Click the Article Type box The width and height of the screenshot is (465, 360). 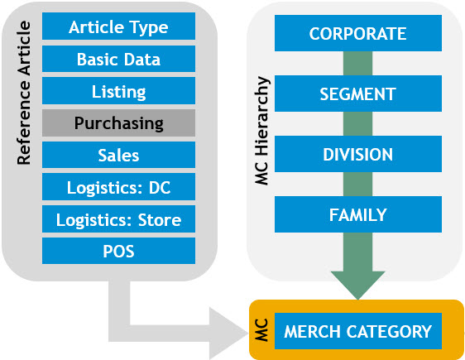point(118,26)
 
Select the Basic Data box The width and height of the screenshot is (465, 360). point(118,59)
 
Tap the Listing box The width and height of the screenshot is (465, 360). point(118,91)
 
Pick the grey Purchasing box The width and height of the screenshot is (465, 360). point(118,122)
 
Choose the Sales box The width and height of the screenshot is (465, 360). point(118,155)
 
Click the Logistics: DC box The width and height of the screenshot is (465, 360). point(118,187)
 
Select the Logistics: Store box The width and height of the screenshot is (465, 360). point(118,218)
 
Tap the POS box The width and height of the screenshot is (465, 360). point(118,251)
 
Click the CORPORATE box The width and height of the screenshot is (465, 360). point(358,33)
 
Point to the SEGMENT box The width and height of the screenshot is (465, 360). point(358,94)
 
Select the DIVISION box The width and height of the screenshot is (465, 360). point(358,154)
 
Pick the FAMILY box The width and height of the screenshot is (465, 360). point(358,214)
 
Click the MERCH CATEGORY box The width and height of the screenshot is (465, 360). point(358,331)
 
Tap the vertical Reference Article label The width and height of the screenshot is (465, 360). point(24,93)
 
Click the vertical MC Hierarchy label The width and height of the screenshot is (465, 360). point(261,131)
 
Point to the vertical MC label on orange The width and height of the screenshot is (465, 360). point(261,330)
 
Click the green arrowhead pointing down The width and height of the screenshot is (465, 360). point(358,284)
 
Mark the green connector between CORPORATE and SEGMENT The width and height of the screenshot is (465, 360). point(358,64)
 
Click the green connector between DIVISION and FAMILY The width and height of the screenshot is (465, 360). point(358,185)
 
